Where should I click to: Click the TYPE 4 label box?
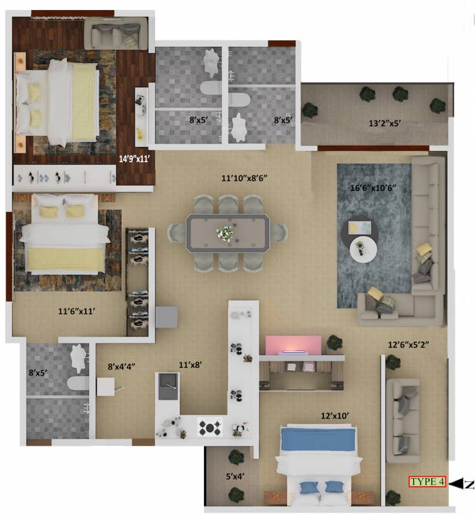427,481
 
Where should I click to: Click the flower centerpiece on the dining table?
224,232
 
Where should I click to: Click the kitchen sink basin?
168,385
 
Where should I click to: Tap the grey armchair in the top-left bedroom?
111,32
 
